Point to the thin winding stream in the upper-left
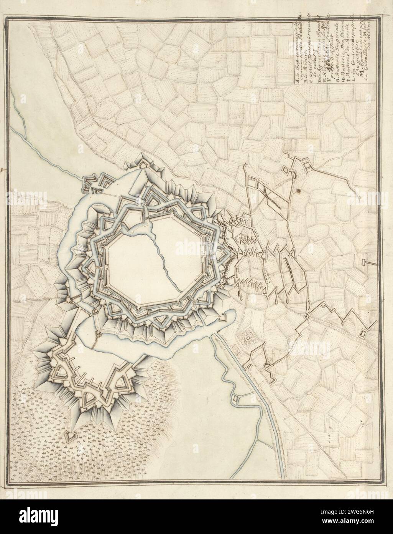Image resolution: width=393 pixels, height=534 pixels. click(x=46, y=154)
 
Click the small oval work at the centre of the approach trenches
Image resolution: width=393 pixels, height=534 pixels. click(x=244, y=254)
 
